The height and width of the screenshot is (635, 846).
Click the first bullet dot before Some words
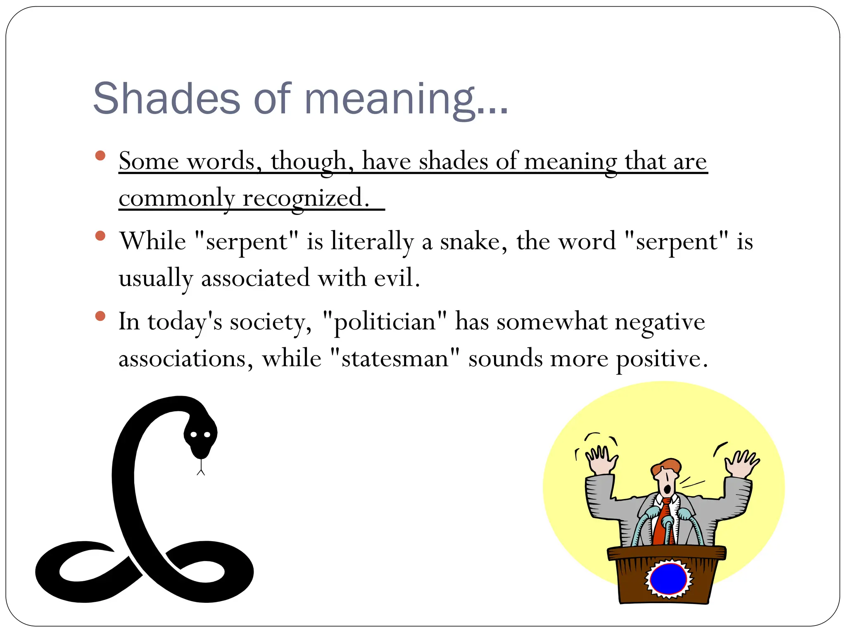coord(100,156)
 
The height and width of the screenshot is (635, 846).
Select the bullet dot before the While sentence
coord(100,236)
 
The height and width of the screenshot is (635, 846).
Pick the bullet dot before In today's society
coord(100,316)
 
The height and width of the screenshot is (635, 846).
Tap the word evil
coord(397,278)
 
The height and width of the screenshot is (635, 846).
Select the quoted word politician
coord(385,322)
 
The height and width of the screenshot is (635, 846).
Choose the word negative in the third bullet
coord(660,322)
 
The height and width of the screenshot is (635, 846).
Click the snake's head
coord(200,436)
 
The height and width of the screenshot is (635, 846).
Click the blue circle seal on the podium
coord(668,579)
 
